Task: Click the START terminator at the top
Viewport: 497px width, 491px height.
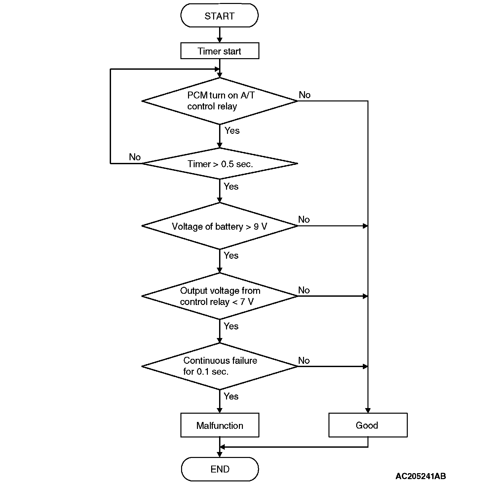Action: point(219,16)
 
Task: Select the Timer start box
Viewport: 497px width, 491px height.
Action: point(219,51)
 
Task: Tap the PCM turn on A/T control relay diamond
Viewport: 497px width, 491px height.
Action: point(219,101)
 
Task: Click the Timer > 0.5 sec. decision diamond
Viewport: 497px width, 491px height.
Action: point(219,164)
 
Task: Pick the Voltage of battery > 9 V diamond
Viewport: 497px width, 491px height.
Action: point(219,226)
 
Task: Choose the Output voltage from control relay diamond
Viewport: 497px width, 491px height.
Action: point(219,296)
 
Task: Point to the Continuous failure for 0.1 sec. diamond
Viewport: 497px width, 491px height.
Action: point(219,366)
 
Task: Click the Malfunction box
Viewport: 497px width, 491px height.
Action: point(219,425)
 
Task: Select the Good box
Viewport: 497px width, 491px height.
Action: point(367,425)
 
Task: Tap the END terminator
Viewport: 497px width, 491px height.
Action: point(219,469)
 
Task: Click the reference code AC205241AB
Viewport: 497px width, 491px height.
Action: point(420,476)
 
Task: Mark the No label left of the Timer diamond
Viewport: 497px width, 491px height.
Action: point(135,157)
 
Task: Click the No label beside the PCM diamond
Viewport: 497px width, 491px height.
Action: point(304,95)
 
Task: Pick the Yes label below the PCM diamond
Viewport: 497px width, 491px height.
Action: point(232,131)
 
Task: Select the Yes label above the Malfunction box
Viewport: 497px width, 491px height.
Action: point(231,396)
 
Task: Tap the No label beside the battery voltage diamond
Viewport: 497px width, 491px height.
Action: point(304,219)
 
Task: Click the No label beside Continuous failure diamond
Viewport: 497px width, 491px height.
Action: point(304,360)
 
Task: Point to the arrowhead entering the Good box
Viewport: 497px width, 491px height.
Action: point(368,410)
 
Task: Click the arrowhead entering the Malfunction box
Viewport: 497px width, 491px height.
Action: point(219,410)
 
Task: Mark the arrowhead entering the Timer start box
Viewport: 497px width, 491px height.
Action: point(219,40)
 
